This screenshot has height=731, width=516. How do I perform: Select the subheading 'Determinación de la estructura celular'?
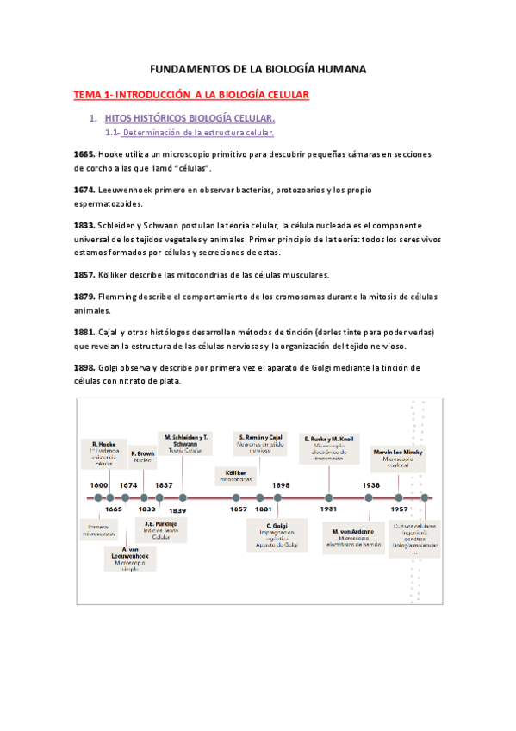coord(199,133)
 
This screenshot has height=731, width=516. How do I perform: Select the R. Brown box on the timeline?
coord(143,456)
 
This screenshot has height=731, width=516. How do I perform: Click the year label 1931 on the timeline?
coord(328,509)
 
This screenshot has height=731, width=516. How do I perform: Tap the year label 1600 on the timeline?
coord(98,485)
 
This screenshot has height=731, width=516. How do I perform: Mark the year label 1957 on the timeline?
coord(400,509)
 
